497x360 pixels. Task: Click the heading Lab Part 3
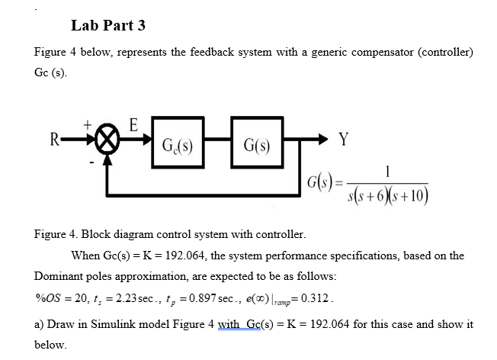(107, 25)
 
